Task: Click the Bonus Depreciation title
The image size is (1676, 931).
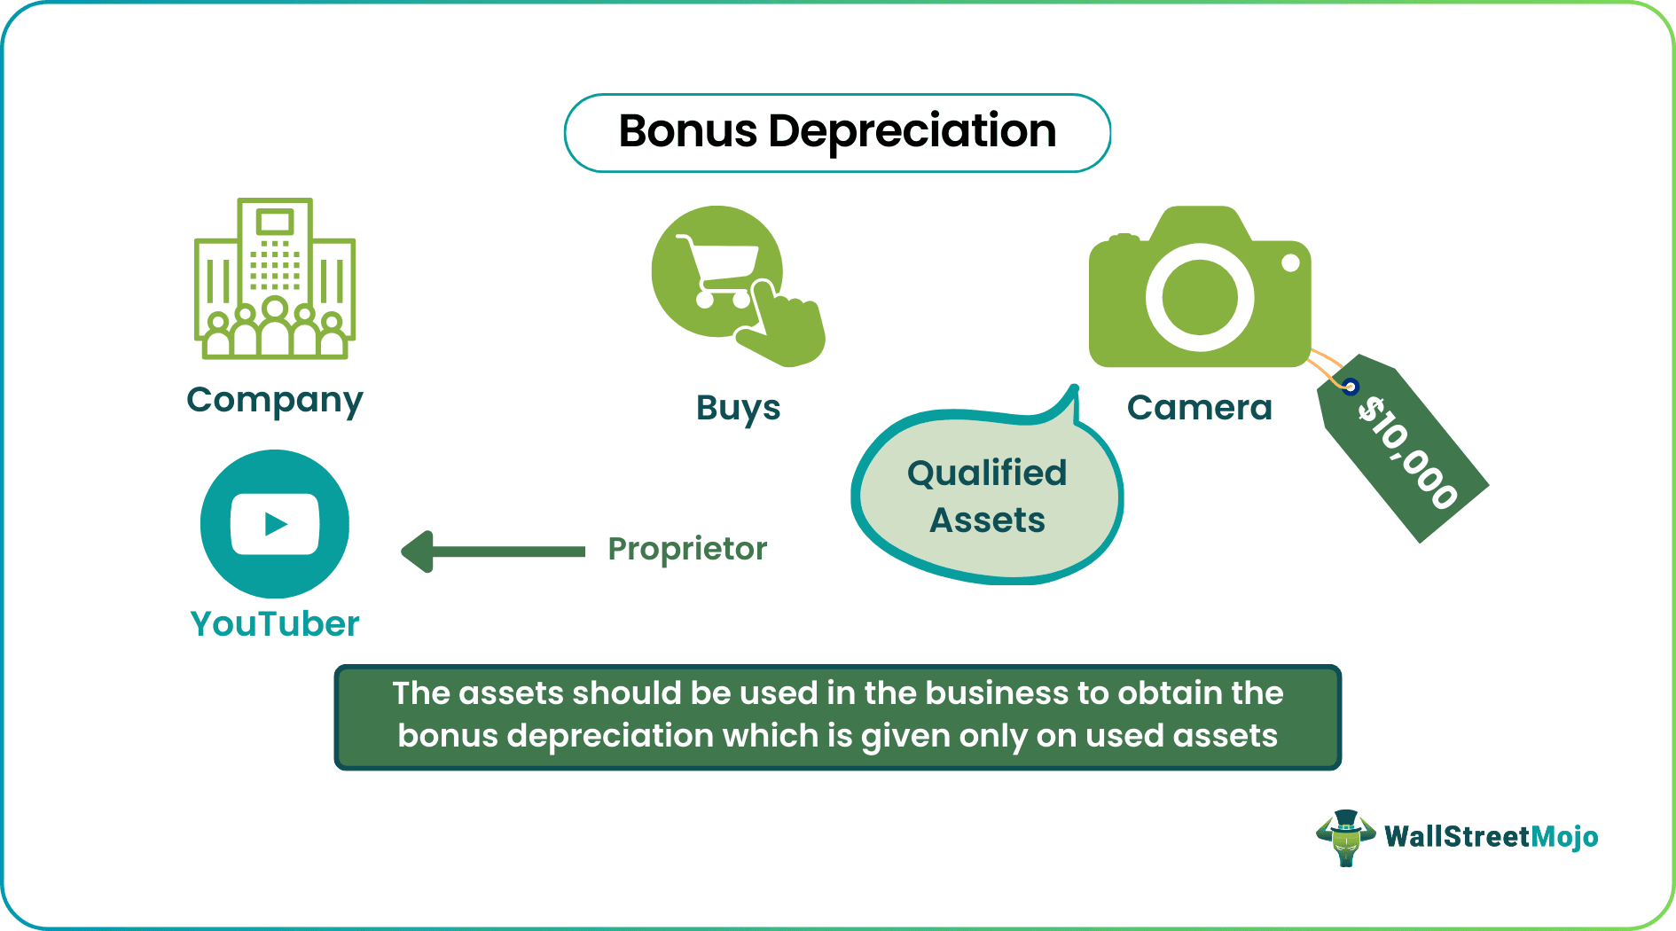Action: [837, 132]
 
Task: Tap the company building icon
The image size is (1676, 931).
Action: [275, 278]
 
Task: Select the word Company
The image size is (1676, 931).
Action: [275, 400]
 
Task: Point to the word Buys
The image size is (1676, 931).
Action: [738, 408]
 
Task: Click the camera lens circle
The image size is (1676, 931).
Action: [1200, 297]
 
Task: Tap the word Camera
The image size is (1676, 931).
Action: [1199, 408]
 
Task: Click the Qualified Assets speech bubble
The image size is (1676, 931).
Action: [987, 497]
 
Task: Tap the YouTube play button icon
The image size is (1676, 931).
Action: [275, 524]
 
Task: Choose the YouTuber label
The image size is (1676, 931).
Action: [275, 624]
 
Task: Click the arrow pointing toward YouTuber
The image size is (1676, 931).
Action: [493, 552]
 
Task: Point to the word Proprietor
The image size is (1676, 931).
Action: [687, 549]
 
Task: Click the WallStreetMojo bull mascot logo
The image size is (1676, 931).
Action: [1346, 837]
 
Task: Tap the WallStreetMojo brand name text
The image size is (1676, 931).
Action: [1492, 837]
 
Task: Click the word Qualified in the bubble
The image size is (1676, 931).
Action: [987, 473]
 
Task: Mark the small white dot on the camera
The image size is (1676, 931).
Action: [1291, 262]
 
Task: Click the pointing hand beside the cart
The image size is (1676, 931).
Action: [785, 328]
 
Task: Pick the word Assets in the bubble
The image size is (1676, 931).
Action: [987, 520]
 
